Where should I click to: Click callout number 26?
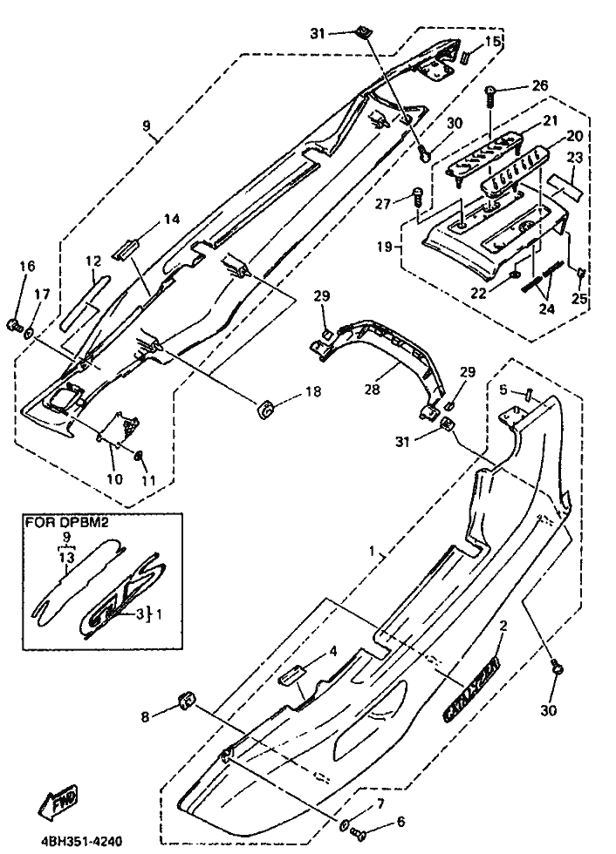pos(539,85)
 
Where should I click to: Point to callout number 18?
pos(313,394)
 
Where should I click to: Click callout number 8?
pos(146,716)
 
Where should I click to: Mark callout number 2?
pos(503,626)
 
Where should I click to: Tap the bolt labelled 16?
pos(15,325)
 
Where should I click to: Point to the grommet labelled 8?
pos(186,700)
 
